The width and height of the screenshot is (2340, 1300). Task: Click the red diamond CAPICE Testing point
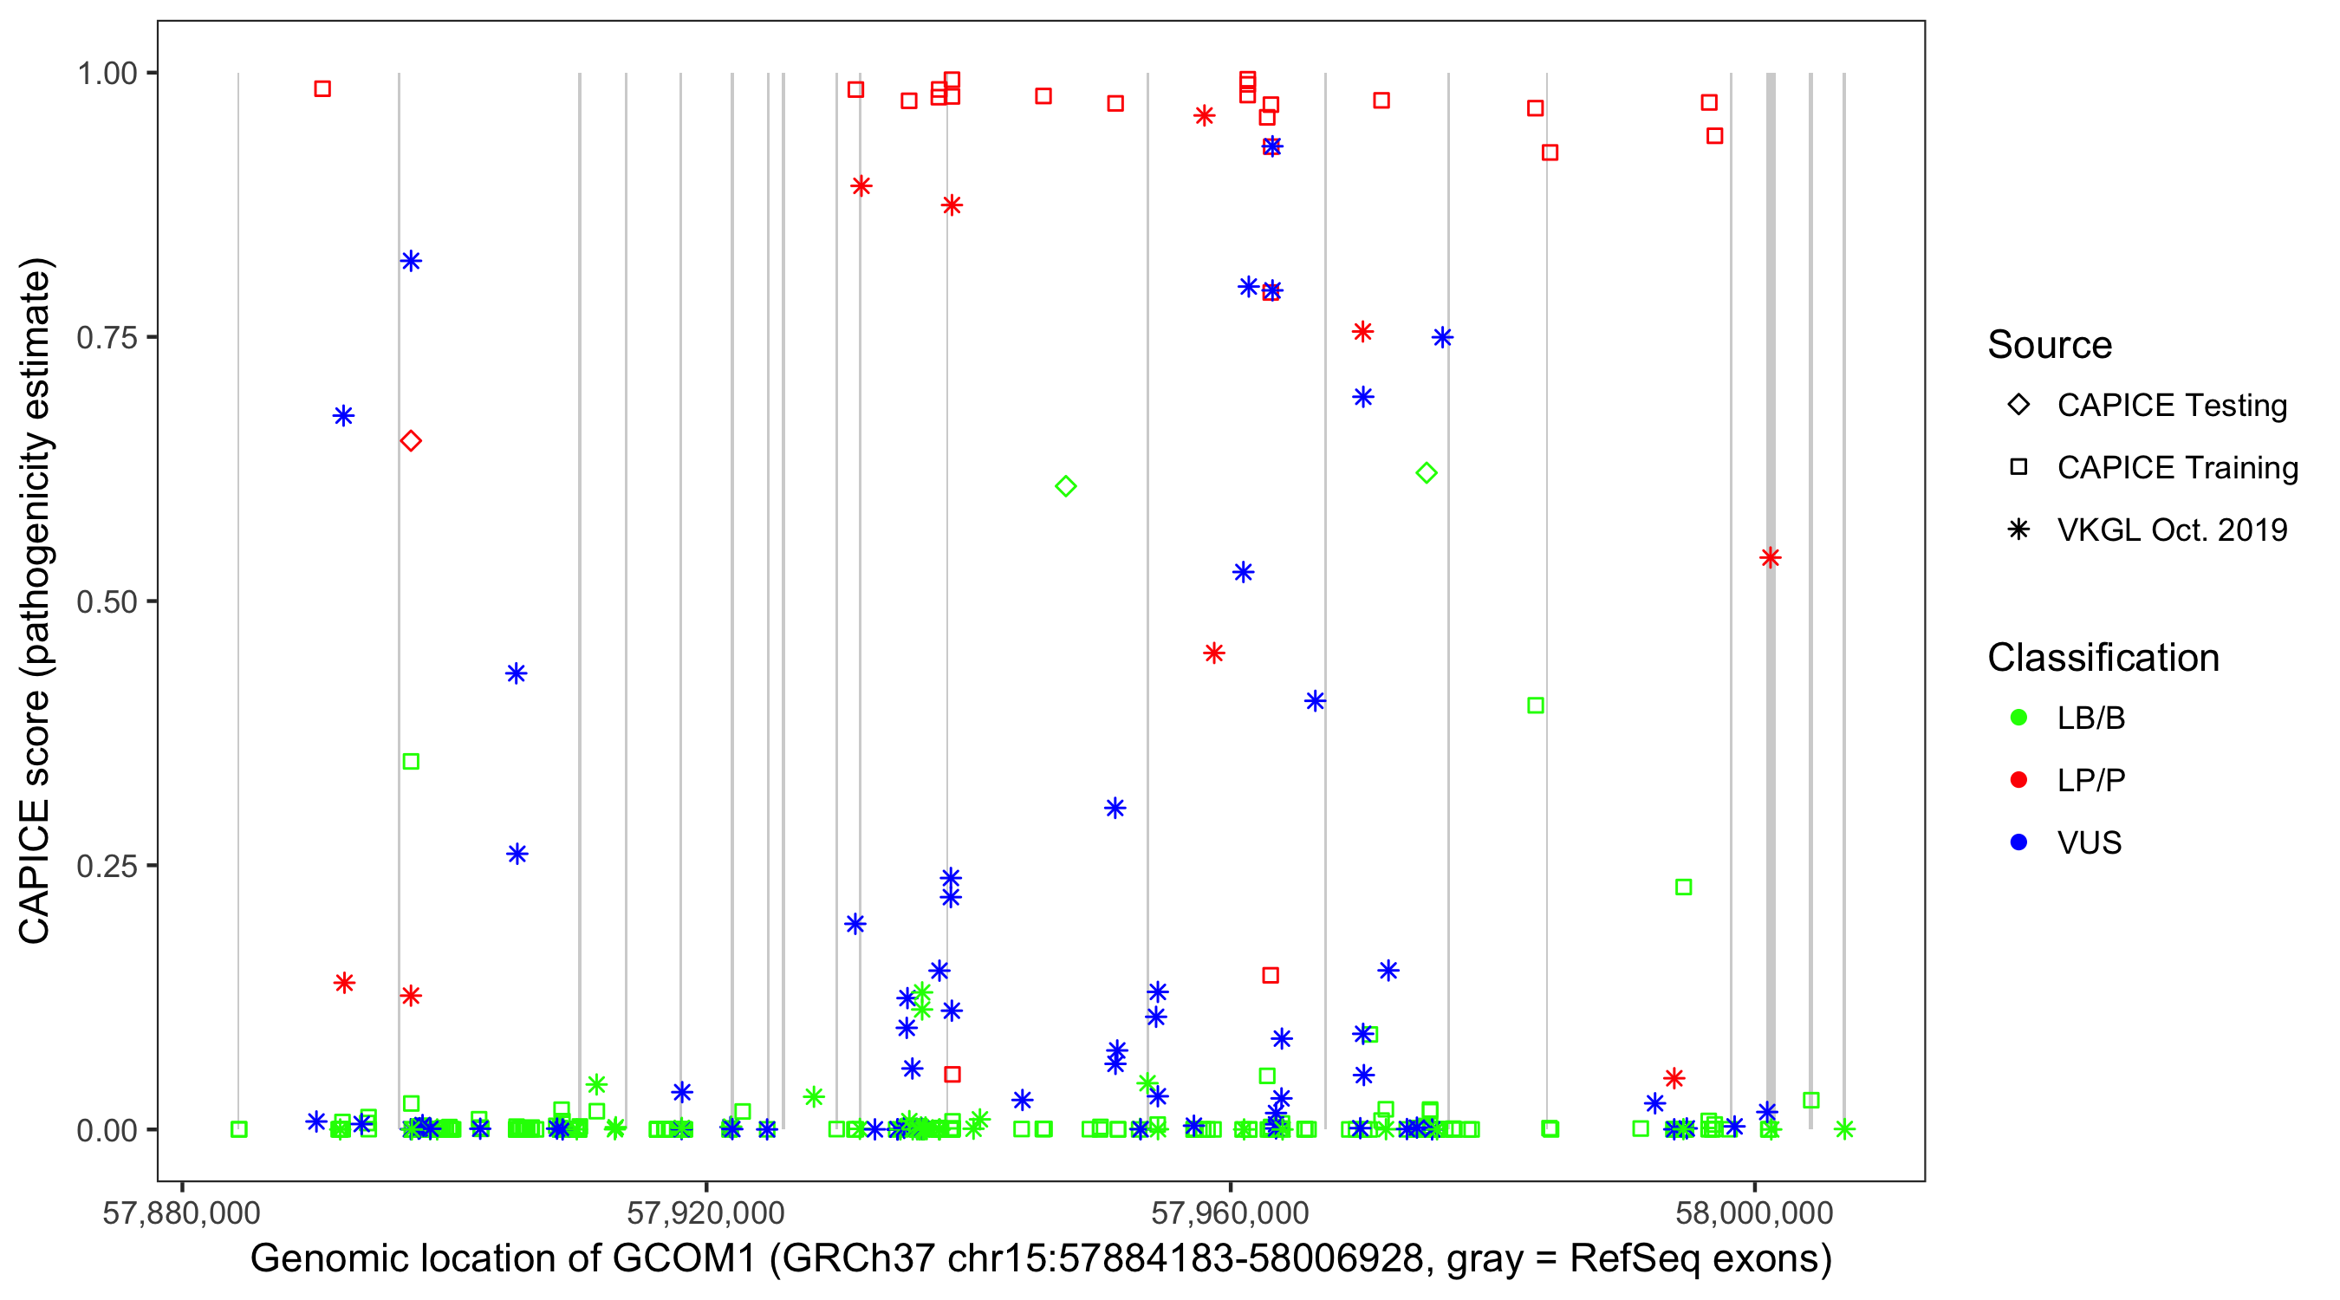click(411, 440)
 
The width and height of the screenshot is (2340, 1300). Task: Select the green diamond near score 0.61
click(1065, 487)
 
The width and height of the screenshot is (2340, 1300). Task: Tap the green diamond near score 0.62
click(1427, 473)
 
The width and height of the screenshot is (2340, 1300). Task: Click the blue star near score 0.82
click(411, 262)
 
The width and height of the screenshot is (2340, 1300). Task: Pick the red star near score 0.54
click(1770, 558)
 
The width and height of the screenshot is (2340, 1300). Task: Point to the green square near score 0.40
click(1535, 705)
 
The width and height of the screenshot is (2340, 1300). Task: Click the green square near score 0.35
click(411, 761)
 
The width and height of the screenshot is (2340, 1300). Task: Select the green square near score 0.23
click(1683, 887)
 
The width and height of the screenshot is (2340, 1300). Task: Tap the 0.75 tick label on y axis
click(106, 338)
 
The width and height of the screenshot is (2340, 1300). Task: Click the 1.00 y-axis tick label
click(106, 74)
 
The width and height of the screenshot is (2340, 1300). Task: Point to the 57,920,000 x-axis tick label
click(705, 1212)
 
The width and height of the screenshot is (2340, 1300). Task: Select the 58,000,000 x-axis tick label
click(1754, 1212)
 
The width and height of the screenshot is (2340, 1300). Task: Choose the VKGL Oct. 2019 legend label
click(2172, 530)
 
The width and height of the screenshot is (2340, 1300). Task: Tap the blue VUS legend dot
click(2018, 842)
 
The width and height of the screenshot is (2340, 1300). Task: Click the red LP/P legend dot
click(2018, 780)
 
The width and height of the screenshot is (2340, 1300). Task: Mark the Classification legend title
click(2103, 658)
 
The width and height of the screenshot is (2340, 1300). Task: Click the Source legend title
click(2050, 345)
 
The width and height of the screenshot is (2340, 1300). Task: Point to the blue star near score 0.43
click(516, 673)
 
